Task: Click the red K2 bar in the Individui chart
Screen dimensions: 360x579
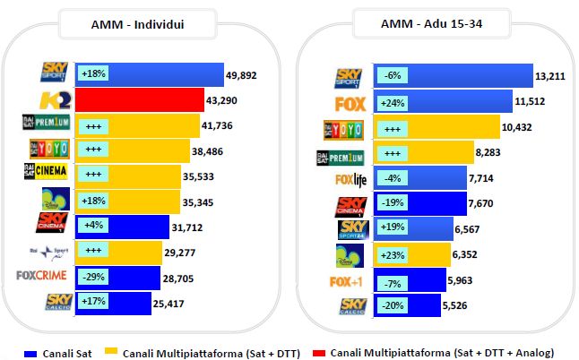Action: tap(139, 99)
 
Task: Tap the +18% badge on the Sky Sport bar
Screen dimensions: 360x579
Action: tap(92, 74)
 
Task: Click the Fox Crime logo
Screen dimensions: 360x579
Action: tap(42, 276)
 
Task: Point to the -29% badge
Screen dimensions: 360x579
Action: tap(92, 277)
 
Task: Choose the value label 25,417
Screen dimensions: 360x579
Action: tap(173, 302)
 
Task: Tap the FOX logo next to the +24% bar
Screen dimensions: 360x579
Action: tap(350, 104)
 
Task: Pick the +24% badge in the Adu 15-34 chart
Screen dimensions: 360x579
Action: tap(393, 104)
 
